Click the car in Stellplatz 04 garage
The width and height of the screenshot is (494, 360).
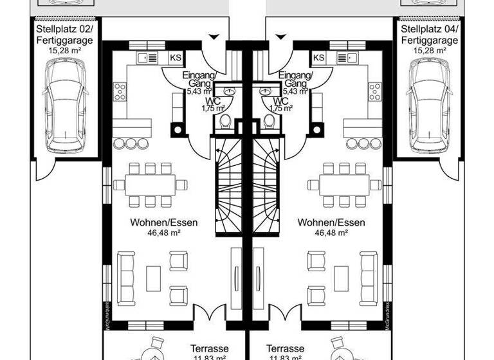[429, 103]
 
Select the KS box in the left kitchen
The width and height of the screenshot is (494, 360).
[175, 58]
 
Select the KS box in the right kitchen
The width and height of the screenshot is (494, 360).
[318, 58]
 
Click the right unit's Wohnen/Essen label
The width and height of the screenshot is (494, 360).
[331, 223]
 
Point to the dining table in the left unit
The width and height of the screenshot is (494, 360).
[149, 185]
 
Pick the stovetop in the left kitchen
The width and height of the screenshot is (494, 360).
[120, 92]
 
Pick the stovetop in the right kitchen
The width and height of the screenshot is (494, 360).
[374, 92]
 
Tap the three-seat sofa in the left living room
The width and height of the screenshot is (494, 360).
[126, 278]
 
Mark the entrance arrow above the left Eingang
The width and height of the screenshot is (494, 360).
[215, 37]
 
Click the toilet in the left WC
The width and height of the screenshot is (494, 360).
[225, 121]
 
